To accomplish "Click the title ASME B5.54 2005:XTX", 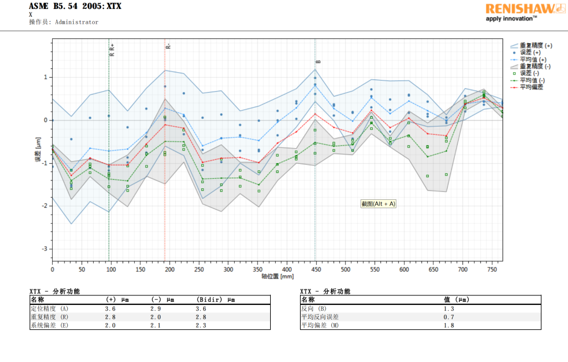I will pyautogui.click(x=75, y=7).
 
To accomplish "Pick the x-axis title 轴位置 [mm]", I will pyautogui.click(x=277, y=276).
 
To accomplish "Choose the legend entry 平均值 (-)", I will pyautogui.click(x=533, y=80).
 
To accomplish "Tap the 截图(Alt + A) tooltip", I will pyautogui.click(x=379, y=204).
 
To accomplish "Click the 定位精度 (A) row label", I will pyautogui.click(x=49, y=309).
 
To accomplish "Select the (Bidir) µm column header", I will pyautogui.click(x=216, y=300).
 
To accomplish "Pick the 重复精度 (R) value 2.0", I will pyautogui.click(x=156, y=317).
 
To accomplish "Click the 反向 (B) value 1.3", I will pyautogui.click(x=449, y=309).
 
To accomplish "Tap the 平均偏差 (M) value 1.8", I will pyautogui.click(x=449, y=325).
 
